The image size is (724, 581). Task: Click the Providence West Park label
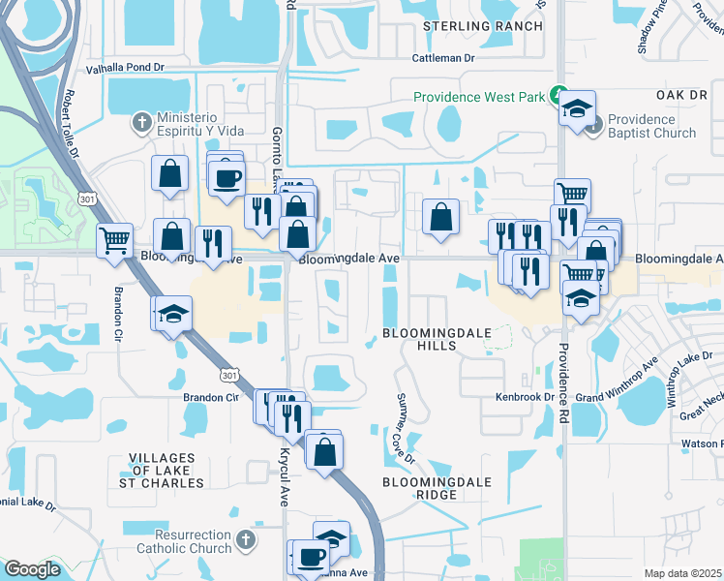click(479, 97)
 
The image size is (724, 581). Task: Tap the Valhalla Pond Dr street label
click(128, 69)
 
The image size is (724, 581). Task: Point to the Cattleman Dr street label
click(444, 58)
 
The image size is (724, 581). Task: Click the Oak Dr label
click(682, 95)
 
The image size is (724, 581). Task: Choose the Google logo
click(32, 569)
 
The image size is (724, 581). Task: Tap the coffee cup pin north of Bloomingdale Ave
click(227, 179)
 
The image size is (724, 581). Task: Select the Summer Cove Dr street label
click(404, 428)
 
